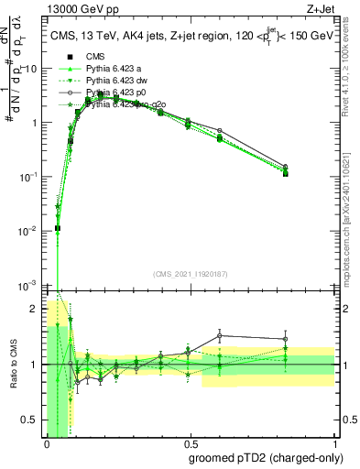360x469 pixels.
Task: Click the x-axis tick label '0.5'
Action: pyautogui.click(x=191, y=443)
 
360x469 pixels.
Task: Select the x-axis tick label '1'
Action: pyautogui.click(x=334, y=443)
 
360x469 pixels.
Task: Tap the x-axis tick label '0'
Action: pyautogui.click(x=47, y=443)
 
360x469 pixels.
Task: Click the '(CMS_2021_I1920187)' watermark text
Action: pyautogui.click(x=191, y=273)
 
